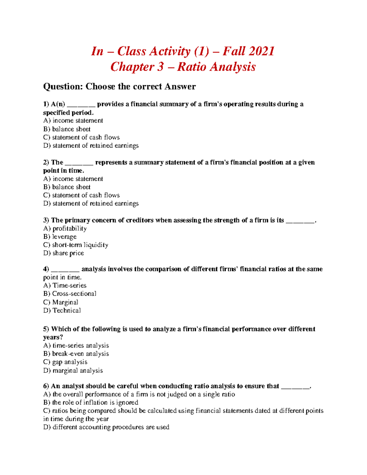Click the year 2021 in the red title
[x=261, y=51]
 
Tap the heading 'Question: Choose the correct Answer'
[x=119, y=87]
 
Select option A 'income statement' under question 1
[x=73, y=121]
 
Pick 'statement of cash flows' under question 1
[x=81, y=137]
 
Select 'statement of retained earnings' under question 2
[x=91, y=203]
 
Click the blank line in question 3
[x=300, y=221]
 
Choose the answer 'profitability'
[x=65, y=228]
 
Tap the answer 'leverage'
[x=60, y=237]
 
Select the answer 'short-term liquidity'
[x=76, y=245]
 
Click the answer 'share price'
[x=64, y=253]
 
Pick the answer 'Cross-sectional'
[x=70, y=294]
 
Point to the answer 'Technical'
[x=62, y=310]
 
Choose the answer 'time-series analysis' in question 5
[x=76, y=345]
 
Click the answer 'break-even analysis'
[x=76, y=354]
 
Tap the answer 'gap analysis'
[x=65, y=362]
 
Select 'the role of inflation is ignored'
[x=91, y=403]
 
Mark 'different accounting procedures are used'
[x=106, y=427]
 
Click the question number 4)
[x=46, y=269]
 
